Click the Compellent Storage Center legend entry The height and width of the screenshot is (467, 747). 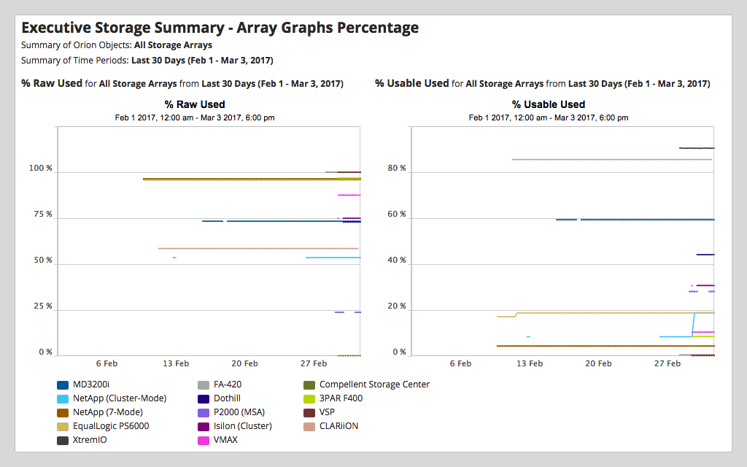tap(374, 385)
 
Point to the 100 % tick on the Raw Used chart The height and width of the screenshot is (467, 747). tap(41, 169)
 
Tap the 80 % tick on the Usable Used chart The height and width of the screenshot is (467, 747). tap(397, 169)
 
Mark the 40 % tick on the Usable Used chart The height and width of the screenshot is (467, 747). tap(397, 260)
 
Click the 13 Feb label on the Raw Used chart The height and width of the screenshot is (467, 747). tap(176, 363)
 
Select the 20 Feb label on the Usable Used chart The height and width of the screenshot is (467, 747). tap(598, 363)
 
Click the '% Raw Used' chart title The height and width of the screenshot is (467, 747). tap(195, 104)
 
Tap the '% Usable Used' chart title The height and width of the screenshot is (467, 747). tap(549, 104)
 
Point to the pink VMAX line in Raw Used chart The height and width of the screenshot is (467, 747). tap(349, 195)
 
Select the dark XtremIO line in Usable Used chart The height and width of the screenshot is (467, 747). tap(697, 148)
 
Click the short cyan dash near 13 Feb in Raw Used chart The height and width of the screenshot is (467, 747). tap(174, 258)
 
